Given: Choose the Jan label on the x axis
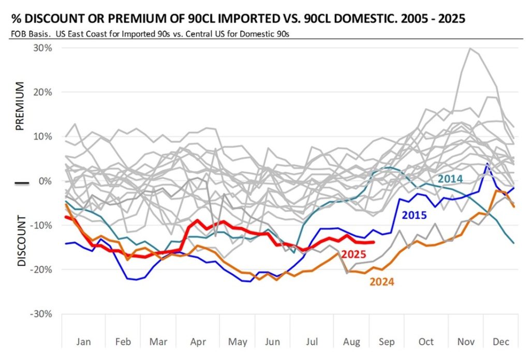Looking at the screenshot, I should tap(83, 342).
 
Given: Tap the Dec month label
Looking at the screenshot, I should tap(501, 342).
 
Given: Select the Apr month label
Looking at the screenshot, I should tap(198, 342).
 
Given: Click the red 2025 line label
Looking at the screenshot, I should tap(354, 254).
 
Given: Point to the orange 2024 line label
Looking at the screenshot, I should tap(382, 282).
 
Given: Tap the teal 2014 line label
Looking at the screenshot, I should tap(450, 179).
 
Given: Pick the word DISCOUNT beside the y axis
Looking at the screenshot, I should tap(22, 241).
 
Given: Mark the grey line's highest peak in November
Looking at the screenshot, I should tap(469, 48).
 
